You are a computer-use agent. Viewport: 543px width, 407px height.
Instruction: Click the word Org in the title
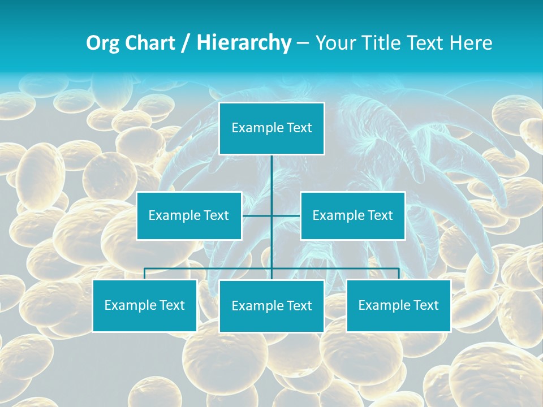coord(103,43)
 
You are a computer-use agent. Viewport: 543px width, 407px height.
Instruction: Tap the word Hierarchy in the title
coord(243,43)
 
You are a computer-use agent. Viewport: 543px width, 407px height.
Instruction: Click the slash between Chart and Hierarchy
coord(186,44)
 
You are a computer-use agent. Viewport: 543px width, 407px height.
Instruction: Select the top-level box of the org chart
coord(271,128)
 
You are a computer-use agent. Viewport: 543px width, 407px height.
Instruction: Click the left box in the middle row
coord(189,215)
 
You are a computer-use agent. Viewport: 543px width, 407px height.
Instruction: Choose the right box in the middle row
coord(352,215)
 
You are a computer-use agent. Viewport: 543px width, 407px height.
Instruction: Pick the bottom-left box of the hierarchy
coord(144,305)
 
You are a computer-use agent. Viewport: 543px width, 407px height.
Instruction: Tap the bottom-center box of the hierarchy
coord(271,306)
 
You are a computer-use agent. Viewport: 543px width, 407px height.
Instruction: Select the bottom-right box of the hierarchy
coord(398,305)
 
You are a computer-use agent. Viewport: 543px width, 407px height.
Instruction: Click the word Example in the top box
coord(257,128)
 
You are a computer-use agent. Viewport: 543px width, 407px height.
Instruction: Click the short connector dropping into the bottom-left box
coord(144,274)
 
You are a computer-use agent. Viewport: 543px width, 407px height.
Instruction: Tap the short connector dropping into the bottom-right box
coord(398,274)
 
